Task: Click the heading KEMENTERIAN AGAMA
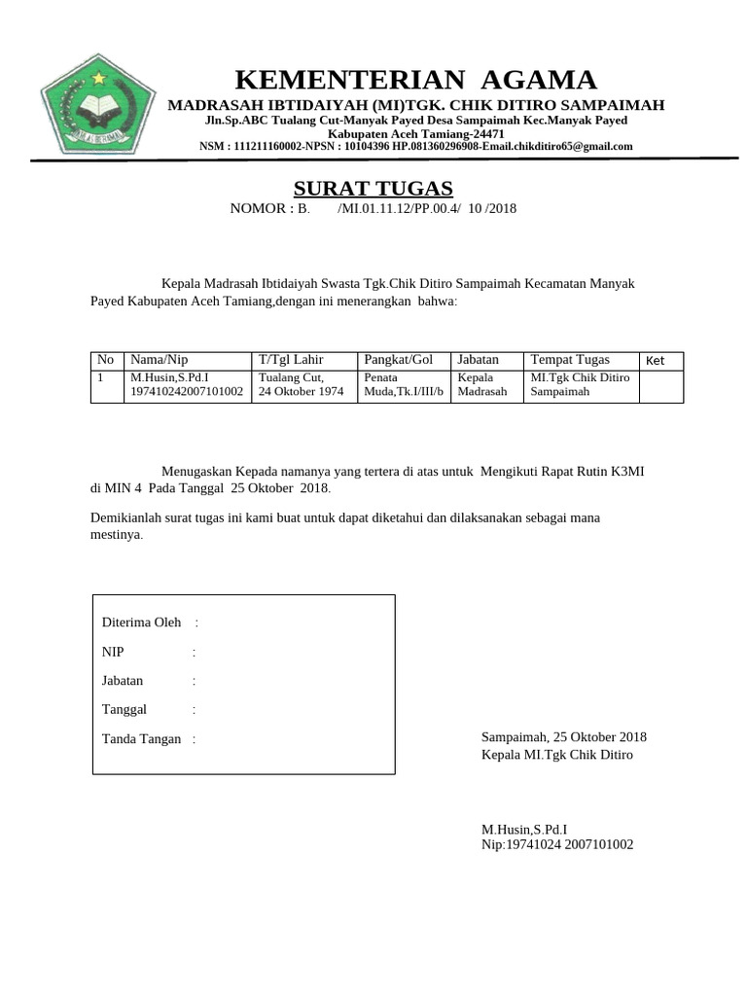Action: pyautogui.click(x=416, y=80)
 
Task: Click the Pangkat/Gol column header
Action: pyautogui.click(x=398, y=360)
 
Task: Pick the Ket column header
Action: pyautogui.click(x=655, y=361)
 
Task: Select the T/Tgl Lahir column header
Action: pyautogui.click(x=291, y=360)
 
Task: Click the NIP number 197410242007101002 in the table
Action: pyautogui.click(x=187, y=392)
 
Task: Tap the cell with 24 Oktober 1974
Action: pyautogui.click(x=301, y=392)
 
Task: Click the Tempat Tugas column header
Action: pyautogui.click(x=570, y=360)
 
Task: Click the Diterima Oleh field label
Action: pyautogui.click(x=141, y=622)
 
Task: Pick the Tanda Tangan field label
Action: pyautogui.click(x=141, y=739)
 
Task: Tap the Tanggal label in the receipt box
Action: pyautogui.click(x=124, y=710)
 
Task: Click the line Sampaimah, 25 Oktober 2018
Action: pyautogui.click(x=564, y=737)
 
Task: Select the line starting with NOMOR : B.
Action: pyautogui.click(x=373, y=209)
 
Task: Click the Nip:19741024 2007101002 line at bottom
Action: pyautogui.click(x=557, y=845)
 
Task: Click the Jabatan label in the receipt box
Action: pyautogui.click(x=123, y=681)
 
